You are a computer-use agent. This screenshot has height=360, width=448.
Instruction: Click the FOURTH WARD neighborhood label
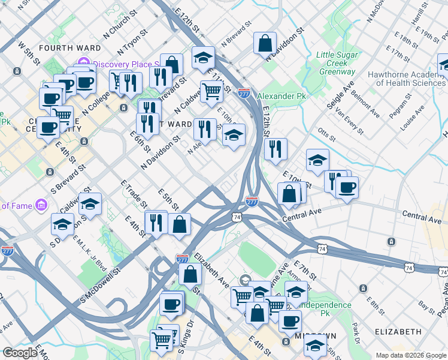pos(63,47)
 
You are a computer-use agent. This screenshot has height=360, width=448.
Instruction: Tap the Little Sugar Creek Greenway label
pos(337,63)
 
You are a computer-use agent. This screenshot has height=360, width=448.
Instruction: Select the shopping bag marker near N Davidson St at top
pos(265,43)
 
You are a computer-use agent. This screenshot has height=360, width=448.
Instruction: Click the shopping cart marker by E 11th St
pos(211,91)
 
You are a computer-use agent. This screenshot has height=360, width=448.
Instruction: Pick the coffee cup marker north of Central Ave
pos(347,187)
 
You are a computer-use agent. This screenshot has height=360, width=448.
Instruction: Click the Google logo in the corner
pos(19,353)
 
